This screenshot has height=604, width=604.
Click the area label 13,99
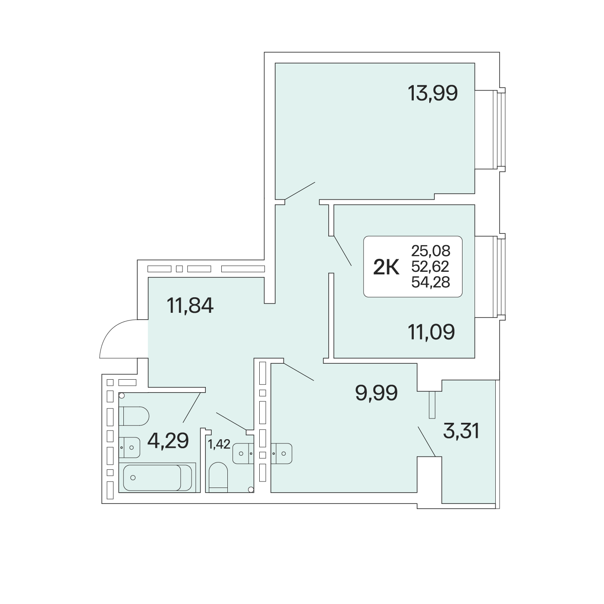[x=433, y=94]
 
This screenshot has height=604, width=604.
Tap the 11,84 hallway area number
[x=190, y=305]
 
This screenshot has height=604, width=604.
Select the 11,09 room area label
[x=431, y=332]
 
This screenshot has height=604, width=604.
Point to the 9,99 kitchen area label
[x=376, y=393]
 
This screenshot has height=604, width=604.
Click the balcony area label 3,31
[x=461, y=431]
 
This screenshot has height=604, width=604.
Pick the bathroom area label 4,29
[x=168, y=440]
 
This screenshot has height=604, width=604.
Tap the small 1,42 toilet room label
[x=219, y=444]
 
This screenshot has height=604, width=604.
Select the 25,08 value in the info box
[x=431, y=251]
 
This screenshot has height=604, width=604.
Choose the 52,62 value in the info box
[x=431, y=267]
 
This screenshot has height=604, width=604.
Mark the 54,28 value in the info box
[x=431, y=282]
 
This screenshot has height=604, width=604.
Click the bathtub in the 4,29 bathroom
[x=157, y=478]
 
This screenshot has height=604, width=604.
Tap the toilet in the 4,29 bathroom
[x=134, y=416]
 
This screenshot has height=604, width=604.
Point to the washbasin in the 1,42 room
[x=243, y=453]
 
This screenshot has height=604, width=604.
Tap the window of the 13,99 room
[x=499, y=129]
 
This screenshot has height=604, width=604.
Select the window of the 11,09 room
[x=499, y=277]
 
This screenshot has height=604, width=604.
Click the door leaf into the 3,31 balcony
[x=427, y=441]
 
